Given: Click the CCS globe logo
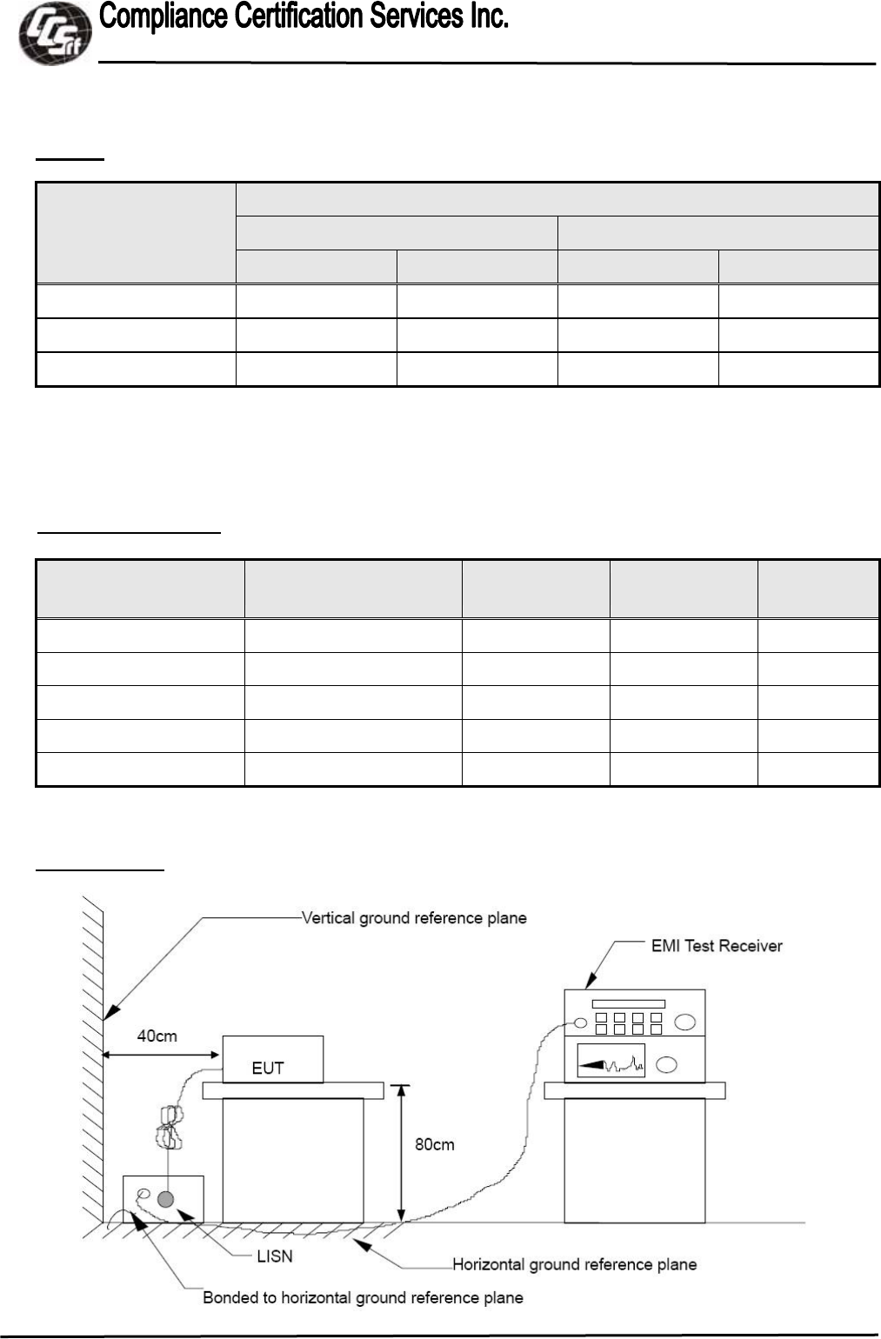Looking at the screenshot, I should coord(54,33).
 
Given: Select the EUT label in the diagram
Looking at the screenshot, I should coord(268,1068).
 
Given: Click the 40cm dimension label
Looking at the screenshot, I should coord(157,1036).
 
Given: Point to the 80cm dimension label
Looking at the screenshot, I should coord(434,1144).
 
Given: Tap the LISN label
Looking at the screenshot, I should coord(275,1256).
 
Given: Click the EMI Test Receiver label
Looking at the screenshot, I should coord(717,946).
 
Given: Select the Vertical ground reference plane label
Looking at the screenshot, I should coord(414,918).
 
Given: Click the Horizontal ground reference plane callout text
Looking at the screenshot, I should coord(574,1264).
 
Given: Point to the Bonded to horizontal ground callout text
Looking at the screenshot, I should coord(363,1298).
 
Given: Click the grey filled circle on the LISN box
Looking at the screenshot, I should coord(165,1200).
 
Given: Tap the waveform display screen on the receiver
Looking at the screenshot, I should coord(611,1061).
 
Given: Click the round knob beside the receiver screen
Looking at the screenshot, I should coord(667,1064).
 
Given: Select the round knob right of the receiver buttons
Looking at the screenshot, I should coord(684,1022).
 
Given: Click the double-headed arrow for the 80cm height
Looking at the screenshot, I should coord(401,1153).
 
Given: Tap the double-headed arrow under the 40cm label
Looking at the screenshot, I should coord(161,1055).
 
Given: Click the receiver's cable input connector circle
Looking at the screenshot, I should coord(580,1023).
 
